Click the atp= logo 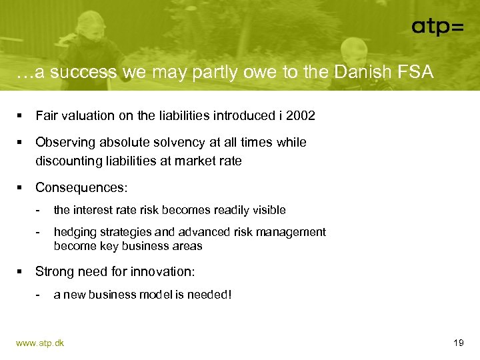(x=437, y=26)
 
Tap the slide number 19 (x=458, y=343)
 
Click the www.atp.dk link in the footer (x=40, y=343)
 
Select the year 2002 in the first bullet (x=301, y=116)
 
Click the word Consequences (x=81, y=187)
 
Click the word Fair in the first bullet (x=46, y=116)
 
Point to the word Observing (x=61, y=142)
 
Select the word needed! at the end (x=212, y=294)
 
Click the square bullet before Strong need (x=21, y=271)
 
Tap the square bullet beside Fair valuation (x=21, y=116)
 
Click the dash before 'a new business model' (x=39, y=294)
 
